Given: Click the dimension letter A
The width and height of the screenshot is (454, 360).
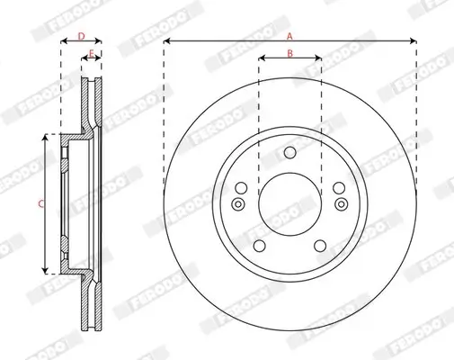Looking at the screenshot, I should point(289,35).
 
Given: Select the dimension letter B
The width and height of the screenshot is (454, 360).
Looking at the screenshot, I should point(289,54).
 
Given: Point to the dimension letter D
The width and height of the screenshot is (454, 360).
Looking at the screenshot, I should point(81,36).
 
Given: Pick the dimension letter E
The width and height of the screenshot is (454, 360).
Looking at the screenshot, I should point(91,55).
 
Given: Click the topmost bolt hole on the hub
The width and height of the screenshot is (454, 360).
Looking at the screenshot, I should point(289,152).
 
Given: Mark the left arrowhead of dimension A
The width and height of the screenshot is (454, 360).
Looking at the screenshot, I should point(166,41).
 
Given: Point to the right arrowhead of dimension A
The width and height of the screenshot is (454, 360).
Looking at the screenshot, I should point(414,41).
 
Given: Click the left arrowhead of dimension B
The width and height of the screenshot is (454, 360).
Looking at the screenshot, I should point(261,60).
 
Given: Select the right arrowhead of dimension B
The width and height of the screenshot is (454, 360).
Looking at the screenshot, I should point(319,60).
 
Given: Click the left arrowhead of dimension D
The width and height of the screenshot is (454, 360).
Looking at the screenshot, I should point(63,42).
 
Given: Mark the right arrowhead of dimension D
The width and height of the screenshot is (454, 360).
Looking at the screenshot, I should point(100,42).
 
